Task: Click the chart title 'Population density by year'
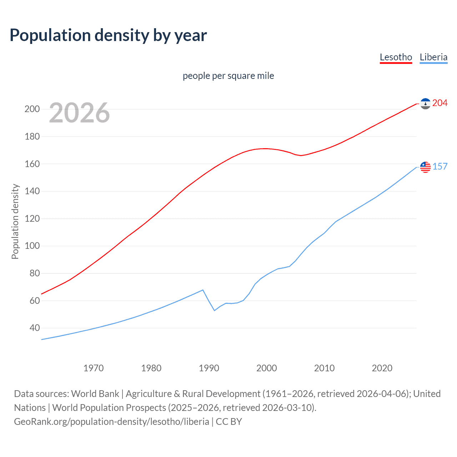[x=108, y=35]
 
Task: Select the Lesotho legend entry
[x=396, y=57]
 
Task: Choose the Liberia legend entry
[x=433, y=57]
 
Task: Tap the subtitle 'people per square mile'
[x=228, y=76]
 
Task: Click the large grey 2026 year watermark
[x=79, y=113]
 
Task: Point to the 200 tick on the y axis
[x=32, y=109]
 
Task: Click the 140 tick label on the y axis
[x=32, y=191]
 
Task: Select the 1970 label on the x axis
[x=94, y=368]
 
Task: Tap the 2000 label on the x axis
[x=267, y=368]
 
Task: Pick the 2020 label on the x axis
[x=382, y=368]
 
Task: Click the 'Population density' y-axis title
[x=15, y=221]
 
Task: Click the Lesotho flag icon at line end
[x=425, y=104]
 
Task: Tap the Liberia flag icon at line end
[x=425, y=167]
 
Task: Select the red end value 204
[x=440, y=103]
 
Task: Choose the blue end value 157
[x=440, y=166]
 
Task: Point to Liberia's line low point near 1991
[x=215, y=310]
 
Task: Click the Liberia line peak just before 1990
[x=203, y=290]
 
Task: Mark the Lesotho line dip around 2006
[x=301, y=155]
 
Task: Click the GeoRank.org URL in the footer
[x=111, y=422]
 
